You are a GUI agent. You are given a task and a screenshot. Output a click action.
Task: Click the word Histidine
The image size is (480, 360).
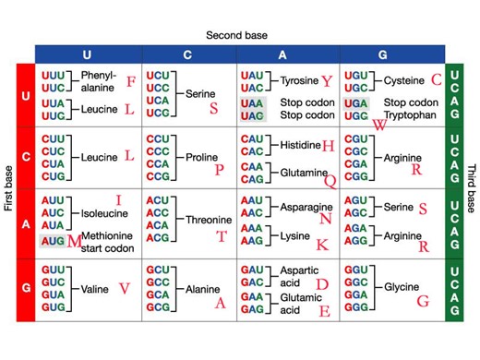pyautogui.click(x=300, y=146)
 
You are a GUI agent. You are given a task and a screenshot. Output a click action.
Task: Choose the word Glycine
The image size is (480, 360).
pyautogui.click(x=402, y=287)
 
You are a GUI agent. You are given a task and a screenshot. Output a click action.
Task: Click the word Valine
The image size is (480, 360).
pyautogui.click(x=95, y=289)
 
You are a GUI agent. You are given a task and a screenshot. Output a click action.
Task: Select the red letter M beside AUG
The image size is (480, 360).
pyautogui.click(x=75, y=241)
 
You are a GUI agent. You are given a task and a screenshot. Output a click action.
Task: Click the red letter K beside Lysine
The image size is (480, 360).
pyautogui.click(x=321, y=245)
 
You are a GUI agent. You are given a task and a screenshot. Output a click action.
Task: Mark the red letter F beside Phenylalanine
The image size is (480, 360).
pyautogui.click(x=130, y=82)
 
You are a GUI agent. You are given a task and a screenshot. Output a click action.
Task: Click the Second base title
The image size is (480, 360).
pyautogui.click(x=237, y=35)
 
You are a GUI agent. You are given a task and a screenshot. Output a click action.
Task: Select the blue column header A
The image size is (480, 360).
pyautogui.click(x=282, y=54)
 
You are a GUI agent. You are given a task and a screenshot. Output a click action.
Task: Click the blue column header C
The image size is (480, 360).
pyautogui.click(x=187, y=54)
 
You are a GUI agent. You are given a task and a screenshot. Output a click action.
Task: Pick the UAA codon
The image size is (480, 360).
pyautogui.click(x=252, y=102)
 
